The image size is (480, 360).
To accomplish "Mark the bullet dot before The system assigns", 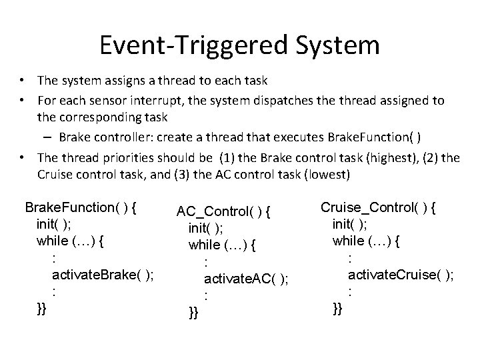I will pyautogui.click(x=23, y=81).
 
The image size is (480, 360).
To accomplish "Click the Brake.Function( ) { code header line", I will pyautogui.click(x=81, y=207).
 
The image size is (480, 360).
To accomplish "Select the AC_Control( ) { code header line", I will pyautogui.click(x=224, y=212).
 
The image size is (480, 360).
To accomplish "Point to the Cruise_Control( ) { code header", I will pyautogui.click(x=379, y=207).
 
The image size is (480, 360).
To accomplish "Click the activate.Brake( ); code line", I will pyautogui.click(x=103, y=276).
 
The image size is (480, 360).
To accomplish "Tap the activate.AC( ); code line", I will pyautogui.click(x=245, y=278).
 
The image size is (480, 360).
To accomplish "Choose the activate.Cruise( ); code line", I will pyautogui.click(x=401, y=274).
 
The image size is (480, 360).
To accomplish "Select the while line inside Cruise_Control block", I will pyautogui.click(x=366, y=241).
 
